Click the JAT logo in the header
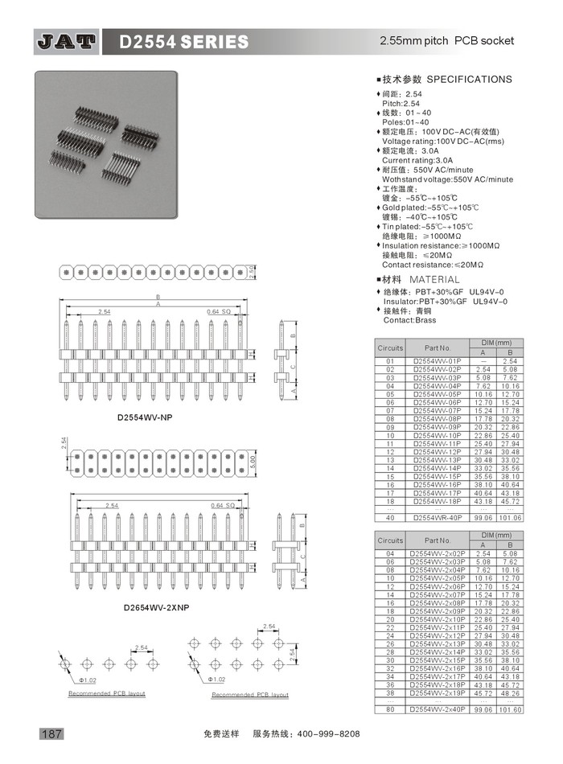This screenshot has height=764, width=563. click(67, 41)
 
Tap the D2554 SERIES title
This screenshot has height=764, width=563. click(184, 41)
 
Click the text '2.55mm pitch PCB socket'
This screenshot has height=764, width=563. click(446, 40)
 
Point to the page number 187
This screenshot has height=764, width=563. click(51, 733)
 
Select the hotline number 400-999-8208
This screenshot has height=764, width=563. click(328, 734)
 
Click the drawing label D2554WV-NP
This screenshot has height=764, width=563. click(144, 418)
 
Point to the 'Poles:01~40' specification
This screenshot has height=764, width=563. click(405, 122)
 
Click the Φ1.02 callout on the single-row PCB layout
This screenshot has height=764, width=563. click(87, 680)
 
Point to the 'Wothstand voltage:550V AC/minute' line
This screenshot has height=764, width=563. click(446, 179)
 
